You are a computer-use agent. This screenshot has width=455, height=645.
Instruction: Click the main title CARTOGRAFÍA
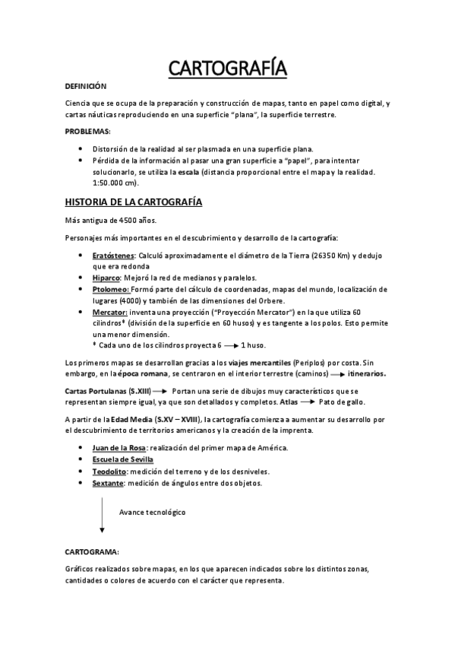[x=227, y=69]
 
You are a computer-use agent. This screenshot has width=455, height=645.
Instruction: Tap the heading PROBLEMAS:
[x=88, y=132]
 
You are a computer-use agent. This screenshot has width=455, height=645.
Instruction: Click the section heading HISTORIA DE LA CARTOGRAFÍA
[x=133, y=203]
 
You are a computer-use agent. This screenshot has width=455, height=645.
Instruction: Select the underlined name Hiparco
[x=106, y=278]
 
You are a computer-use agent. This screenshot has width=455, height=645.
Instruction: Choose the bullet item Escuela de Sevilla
[x=122, y=460]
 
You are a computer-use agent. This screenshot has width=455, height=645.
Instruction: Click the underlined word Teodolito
[x=110, y=472]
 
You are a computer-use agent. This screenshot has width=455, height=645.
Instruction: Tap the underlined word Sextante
[x=109, y=482]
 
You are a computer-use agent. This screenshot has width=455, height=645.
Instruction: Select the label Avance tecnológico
[x=152, y=512]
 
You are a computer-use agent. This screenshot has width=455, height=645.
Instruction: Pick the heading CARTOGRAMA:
[x=93, y=552]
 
